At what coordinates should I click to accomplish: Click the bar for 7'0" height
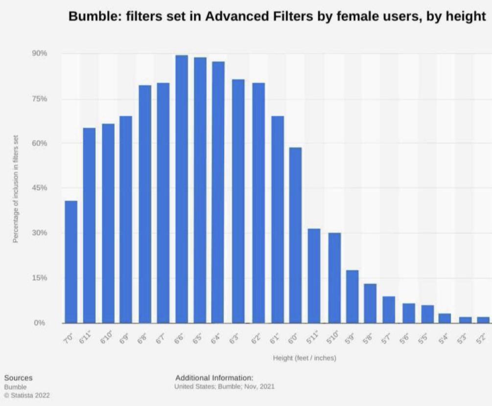click(71, 262)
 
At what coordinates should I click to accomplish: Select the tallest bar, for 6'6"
click(182, 189)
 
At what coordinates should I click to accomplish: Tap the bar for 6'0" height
click(295, 235)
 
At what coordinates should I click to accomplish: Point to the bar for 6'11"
click(89, 225)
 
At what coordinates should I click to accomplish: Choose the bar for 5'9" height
click(352, 296)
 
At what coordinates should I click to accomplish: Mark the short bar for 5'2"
click(483, 320)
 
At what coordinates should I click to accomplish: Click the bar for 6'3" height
click(238, 201)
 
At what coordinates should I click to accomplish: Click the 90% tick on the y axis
click(40, 53)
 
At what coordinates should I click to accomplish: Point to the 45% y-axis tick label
click(40, 188)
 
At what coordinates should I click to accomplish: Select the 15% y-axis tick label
click(40, 278)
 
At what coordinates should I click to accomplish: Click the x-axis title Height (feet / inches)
click(305, 358)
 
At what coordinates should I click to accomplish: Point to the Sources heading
click(18, 378)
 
